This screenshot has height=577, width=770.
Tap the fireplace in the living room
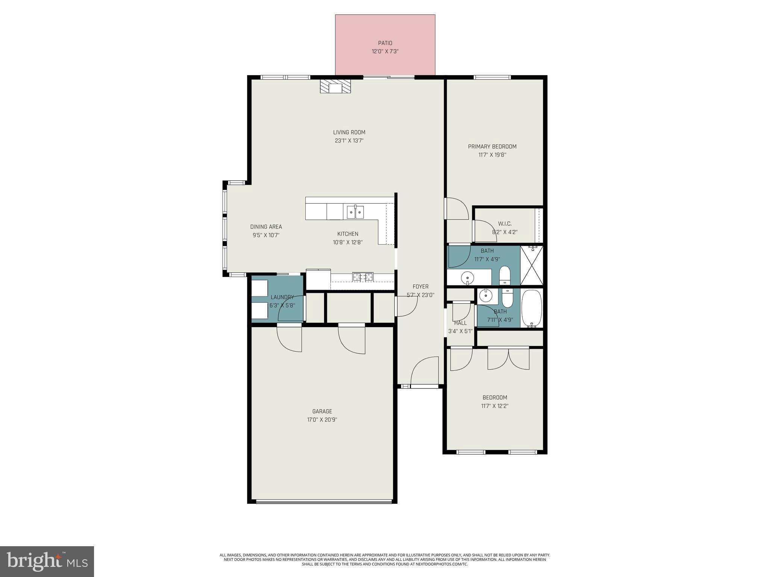tap(335, 87)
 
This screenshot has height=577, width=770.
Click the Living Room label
tap(349, 132)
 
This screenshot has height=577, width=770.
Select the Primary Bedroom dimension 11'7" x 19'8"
tap(492, 155)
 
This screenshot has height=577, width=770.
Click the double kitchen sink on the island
tap(355, 213)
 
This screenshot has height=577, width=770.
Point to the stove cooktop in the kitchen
tap(363, 278)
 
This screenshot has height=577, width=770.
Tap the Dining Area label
tap(266, 227)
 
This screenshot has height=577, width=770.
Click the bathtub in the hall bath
tap(532, 308)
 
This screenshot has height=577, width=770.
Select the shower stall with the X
tap(532, 265)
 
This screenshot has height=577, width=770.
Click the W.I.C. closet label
tap(505, 224)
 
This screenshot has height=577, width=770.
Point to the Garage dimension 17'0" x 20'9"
tap(322, 420)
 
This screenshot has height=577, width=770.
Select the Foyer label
tap(420, 287)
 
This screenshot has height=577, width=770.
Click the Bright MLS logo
tap(47, 561)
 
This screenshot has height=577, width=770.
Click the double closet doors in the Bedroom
tap(508, 359)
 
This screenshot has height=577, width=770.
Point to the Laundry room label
tap(282, 297)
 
